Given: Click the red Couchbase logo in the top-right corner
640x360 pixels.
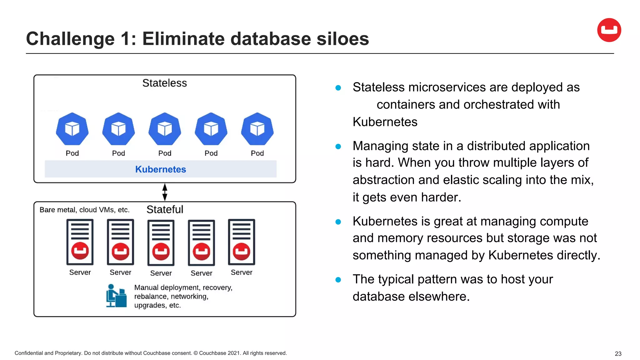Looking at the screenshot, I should [609, 30].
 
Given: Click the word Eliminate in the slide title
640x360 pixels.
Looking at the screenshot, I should [183, 39].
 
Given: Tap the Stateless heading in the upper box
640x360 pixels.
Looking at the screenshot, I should [164, 83].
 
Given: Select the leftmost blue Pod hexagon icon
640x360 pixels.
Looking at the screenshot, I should [72, 129].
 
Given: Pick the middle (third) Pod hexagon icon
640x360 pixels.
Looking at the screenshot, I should [165, 129].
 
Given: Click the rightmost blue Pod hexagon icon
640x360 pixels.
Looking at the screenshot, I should [257, 129].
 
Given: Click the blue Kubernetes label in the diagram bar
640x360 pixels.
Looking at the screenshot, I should [161, 169].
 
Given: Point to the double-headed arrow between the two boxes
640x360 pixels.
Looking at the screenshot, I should [165, 192].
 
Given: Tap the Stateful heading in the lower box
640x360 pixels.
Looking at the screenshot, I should [165, 209].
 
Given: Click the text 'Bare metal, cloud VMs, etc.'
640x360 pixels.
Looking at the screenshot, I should [84, 210].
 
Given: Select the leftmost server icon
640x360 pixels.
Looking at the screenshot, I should [80, 242].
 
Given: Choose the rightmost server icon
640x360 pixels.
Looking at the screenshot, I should [242, 242].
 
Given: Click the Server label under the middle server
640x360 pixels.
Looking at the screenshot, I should [161, 273].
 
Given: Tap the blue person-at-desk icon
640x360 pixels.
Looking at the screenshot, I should [116, 296].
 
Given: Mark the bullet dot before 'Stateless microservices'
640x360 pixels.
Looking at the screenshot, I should [338, 88].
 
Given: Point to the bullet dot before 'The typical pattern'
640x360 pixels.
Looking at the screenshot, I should [338, 280].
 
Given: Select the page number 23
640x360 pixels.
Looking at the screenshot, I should [618, 354].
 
